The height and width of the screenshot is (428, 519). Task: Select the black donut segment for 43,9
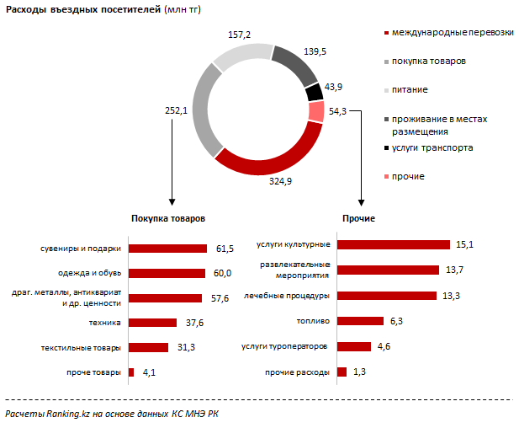pos(313,92)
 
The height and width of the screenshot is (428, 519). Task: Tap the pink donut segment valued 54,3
pos(317,112)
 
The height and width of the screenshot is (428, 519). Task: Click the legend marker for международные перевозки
pos(385,33)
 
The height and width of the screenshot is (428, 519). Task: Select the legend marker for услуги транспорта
pos(385,148)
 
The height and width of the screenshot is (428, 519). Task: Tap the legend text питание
pos(410,89)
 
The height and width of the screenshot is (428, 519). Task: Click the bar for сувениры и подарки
pos(167,249)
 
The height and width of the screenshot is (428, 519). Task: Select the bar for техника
pos(152,323)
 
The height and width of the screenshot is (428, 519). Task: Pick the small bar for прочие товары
pos(131,372)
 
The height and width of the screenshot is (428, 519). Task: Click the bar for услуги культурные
pos(393,244)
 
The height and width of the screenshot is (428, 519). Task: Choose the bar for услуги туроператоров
pos(353,346)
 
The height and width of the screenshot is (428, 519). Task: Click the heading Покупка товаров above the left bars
pos(167,218)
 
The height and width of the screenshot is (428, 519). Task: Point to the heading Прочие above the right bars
pos(359,218)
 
